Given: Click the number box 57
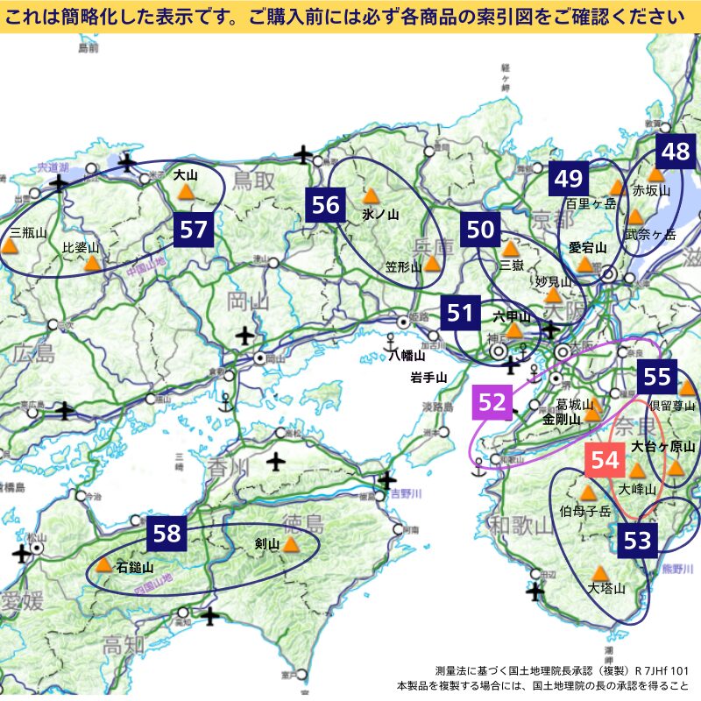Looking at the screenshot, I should (x=194, y=230).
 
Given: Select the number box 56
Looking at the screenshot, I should (x=325, y=205).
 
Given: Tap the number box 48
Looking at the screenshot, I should (x=676, y=152).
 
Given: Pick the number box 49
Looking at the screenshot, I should (x=569, y=180).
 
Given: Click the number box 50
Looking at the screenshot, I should (x=481, y=230).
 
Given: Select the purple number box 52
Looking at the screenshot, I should (x=492, y=402).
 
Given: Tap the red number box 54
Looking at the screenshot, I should (x=605, y=459).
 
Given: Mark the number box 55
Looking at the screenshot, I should (x=656, y=378).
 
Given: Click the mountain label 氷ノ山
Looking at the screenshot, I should (x=379, y=214).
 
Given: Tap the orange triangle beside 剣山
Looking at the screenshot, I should (x=291, y=544).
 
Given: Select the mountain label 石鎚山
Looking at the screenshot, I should (x=134, y=567).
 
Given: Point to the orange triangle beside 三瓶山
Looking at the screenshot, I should (x=11, y=248).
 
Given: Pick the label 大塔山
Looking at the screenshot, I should (x=606, y=588).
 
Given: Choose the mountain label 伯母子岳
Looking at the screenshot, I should (x=585, y=511).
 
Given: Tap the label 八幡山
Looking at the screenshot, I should (x=407, y=356).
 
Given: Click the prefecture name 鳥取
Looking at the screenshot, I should (x=254, y=181).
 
